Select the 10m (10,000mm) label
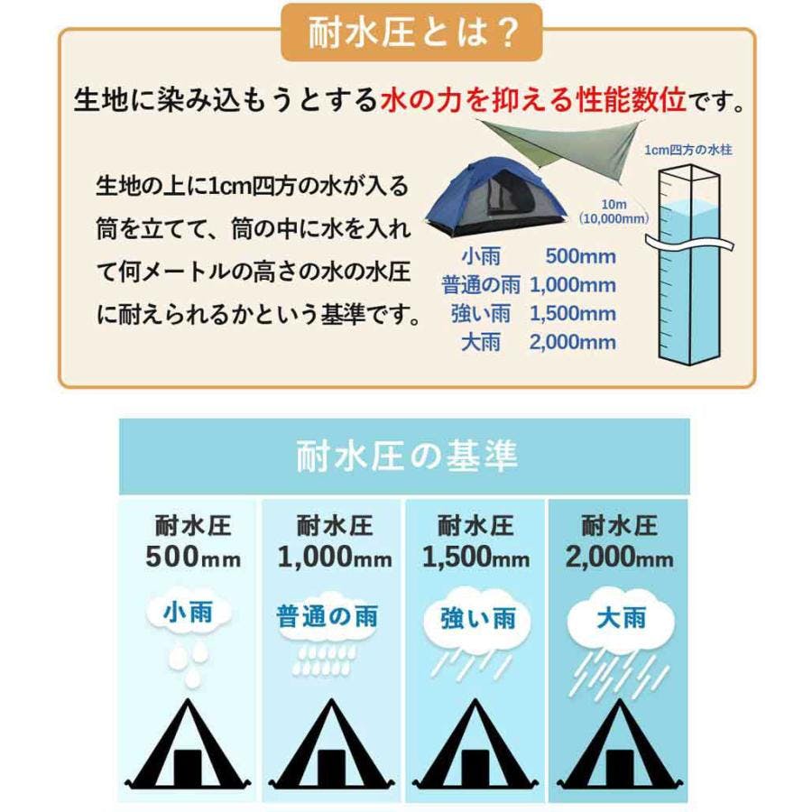point(614,211)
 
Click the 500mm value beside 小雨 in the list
point(580,256)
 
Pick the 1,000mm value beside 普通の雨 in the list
point(573,285)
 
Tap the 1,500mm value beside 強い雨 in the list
point(573,314)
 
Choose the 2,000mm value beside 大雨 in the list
point(573,342)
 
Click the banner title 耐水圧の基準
point(406,457)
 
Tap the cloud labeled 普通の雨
point(326,618)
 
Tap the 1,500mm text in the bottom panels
point(476,558)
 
